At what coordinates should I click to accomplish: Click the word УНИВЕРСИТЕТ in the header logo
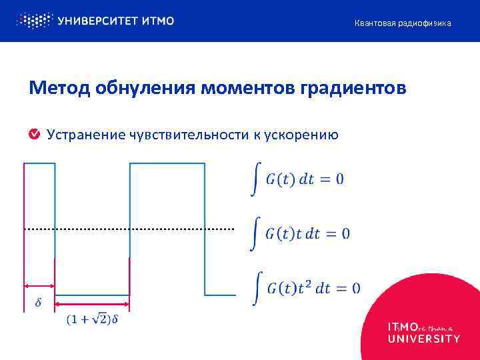tap(97, 21)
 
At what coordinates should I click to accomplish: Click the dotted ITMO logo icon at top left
tap(33, 21)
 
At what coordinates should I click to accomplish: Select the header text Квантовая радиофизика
tap(403, 23)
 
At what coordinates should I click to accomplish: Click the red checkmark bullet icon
tap(34, 135)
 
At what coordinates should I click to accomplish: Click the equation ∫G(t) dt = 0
tap(297, 179)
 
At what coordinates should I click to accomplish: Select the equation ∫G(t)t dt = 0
tap(299, 234)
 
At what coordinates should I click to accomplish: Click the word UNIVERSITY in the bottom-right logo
tap(423, 338)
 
